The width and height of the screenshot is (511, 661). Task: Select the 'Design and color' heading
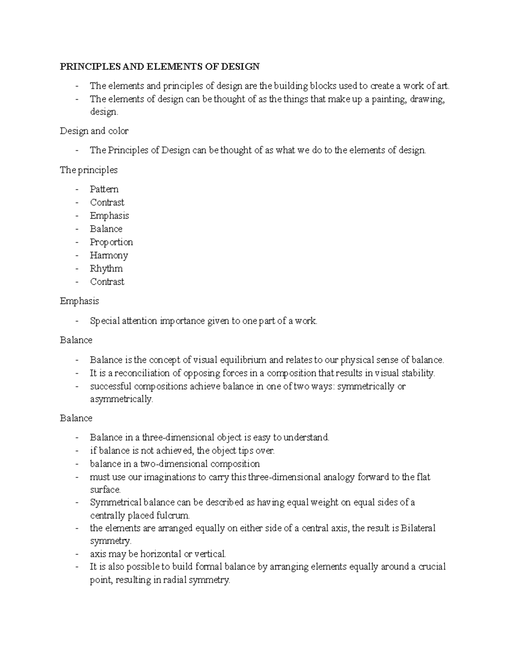94,131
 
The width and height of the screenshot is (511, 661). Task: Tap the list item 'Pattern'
104,189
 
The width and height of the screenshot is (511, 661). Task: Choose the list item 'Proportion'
111,242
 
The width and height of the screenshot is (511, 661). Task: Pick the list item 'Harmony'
109,255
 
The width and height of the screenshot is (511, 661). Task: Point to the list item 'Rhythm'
106,269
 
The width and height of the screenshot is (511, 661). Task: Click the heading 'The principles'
89,170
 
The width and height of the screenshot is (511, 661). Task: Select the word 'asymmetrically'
121,400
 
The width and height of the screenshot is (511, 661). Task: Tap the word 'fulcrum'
172,516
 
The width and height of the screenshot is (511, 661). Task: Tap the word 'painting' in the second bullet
387,100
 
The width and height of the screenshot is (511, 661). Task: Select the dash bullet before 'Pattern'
77,189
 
